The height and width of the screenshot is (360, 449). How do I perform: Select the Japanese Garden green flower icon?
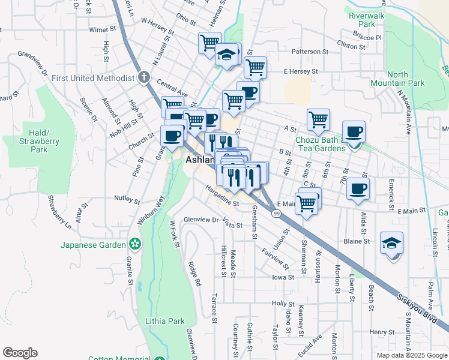136,244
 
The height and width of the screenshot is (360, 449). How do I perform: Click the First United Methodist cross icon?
143,77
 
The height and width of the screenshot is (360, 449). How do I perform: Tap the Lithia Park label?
165,321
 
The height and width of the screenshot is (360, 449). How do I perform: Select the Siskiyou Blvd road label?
415,305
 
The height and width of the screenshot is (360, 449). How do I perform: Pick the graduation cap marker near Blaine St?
391,243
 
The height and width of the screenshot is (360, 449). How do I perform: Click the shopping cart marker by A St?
318,119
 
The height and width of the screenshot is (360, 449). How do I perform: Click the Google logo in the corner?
20,353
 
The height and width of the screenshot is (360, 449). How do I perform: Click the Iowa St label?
283,277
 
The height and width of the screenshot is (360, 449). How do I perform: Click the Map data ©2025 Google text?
411,355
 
